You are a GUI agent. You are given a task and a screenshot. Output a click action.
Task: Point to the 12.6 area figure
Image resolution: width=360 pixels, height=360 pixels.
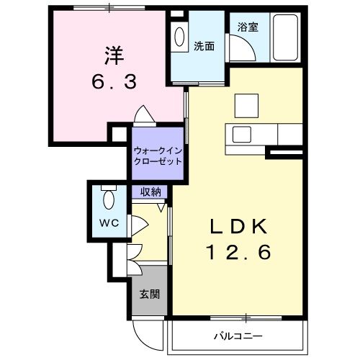point(239,253)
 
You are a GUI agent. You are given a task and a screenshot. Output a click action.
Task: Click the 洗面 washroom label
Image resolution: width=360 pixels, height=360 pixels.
point(203,46)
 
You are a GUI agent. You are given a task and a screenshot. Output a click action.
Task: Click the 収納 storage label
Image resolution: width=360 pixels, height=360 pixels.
point(150,192)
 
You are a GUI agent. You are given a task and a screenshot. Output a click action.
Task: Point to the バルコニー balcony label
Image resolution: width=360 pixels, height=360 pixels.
point(238,336)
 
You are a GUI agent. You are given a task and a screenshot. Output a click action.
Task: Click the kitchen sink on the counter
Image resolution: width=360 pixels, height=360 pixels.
point(240,135)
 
